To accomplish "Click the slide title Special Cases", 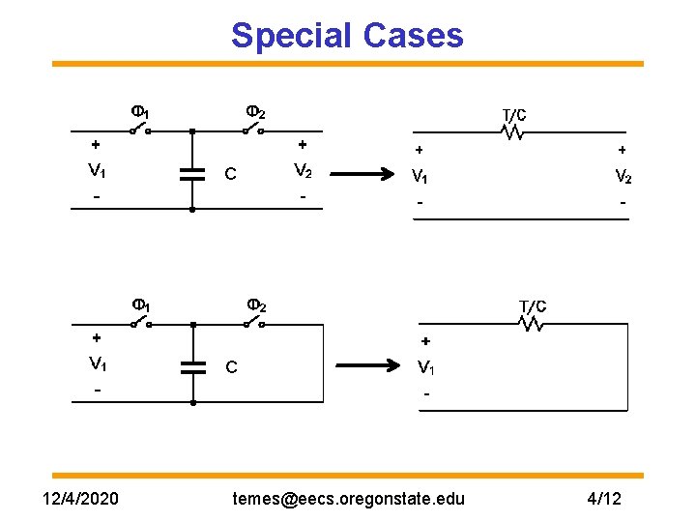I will pos(347,36).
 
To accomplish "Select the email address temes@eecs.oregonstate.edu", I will pos(348,498).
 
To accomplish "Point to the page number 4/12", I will pos(604,498).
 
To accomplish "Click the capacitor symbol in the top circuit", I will pos(193,174).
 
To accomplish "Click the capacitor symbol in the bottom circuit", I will pos(193,366).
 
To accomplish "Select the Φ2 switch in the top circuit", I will pos(255,128).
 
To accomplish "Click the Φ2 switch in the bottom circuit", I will pos(255,321).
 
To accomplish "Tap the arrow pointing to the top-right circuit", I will pos(367,175).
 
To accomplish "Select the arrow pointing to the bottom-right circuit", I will pos(367,366).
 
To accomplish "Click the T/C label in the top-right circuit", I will pos(513,115).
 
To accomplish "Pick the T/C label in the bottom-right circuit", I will pos(533,306).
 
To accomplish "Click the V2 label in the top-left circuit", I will pos(303,172).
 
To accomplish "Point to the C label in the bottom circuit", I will pos(230,367).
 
